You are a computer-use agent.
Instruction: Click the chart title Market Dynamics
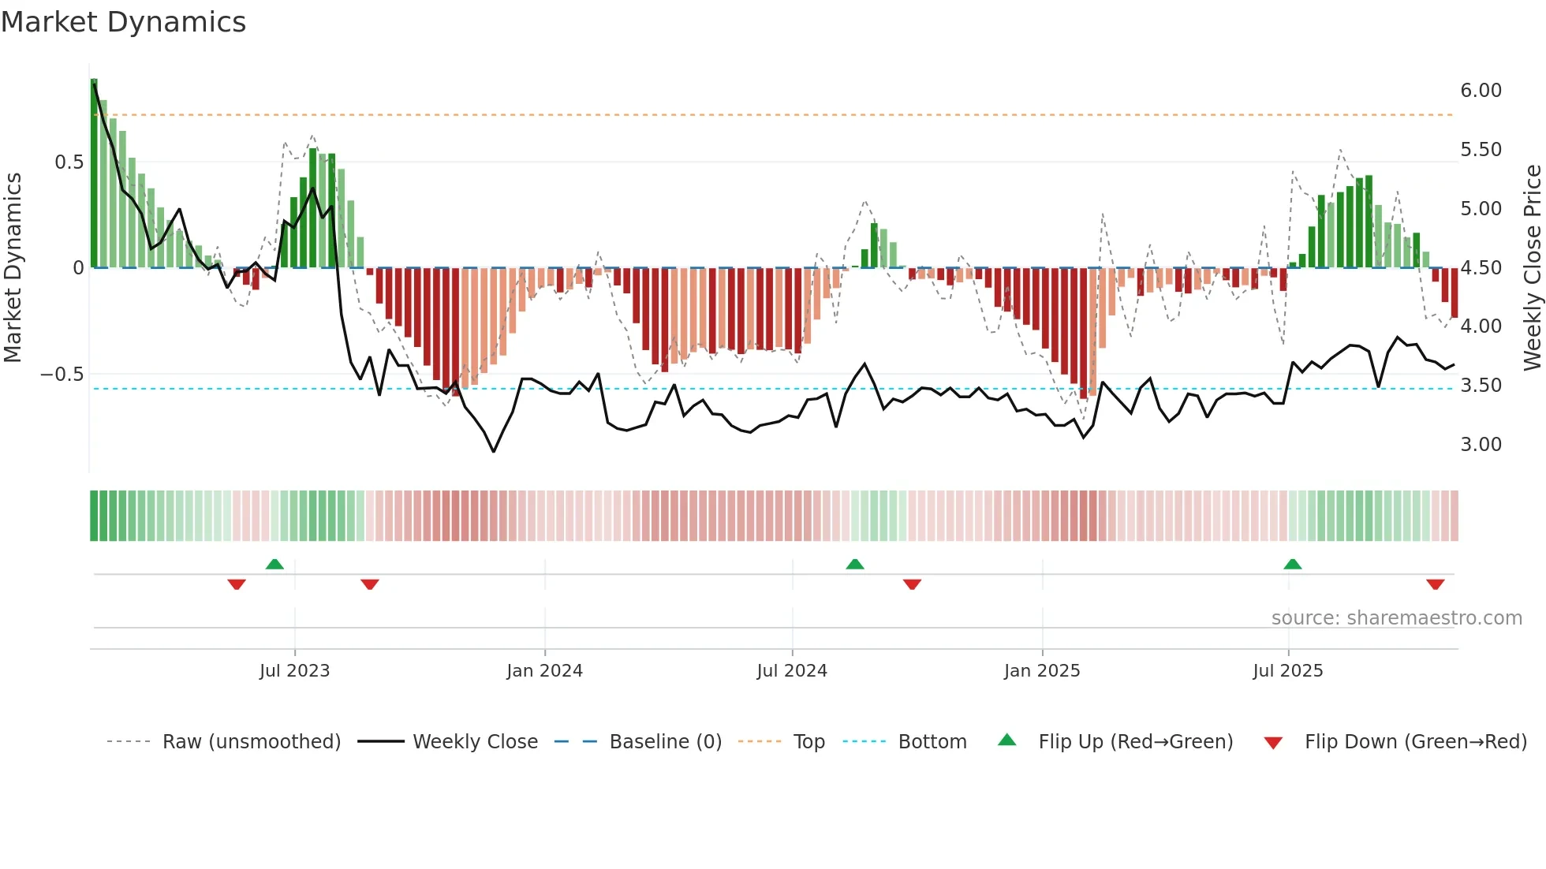(123, 22)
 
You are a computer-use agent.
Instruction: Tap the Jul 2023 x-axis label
(294, 671)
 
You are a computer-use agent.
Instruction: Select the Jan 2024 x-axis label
(544, 671)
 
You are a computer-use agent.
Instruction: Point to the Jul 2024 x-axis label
(792, 671)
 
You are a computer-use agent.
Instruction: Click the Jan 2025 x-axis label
(1042, 671)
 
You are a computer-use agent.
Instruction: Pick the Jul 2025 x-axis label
(1288, 671)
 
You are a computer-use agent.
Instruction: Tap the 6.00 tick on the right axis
(1481, 91)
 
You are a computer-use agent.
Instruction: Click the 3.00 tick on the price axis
(1481, 445)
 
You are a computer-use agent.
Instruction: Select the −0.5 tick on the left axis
(62, 375)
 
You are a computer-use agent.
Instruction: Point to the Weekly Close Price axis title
(1532, 267)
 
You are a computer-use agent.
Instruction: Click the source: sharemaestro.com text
(1396, 618)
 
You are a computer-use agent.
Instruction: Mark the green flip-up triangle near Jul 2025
(1292, 565)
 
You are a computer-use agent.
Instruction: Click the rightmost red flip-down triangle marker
(1435, 584)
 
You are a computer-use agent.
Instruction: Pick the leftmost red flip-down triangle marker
(237, 584)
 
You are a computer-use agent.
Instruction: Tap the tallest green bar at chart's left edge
(94, 173)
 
